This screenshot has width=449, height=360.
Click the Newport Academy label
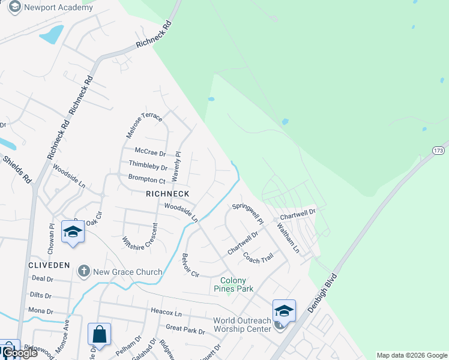[59, 8]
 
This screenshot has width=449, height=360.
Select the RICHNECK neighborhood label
[167, 194]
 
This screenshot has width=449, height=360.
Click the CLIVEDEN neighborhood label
[49, 265]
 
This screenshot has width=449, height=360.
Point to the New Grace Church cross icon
[84, 272]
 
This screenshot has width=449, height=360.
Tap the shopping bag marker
[99, 334]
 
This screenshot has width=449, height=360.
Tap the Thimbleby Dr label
[148, 166]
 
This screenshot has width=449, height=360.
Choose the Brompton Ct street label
[146, 179]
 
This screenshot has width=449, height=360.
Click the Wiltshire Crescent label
[140, 237]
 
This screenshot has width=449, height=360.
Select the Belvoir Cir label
[190, 265]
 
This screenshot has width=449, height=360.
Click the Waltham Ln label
[288, 238]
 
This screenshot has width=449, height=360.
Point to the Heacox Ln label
[166, 313]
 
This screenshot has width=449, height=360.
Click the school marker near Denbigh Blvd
[284, 311]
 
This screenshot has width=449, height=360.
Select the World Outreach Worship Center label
[243, 325]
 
